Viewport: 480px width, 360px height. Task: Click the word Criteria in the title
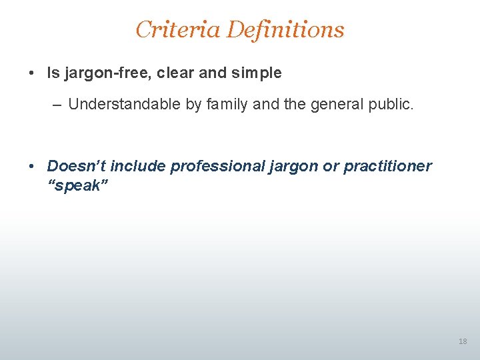click(x=177, y=29)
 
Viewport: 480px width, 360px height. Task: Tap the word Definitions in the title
click(x=285, y=29)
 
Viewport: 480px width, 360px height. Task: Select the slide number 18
click(x=463, y=341)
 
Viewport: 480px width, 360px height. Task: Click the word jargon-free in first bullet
click(x=107, y=73)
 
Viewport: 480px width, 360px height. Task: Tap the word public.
click(x=393, y=104)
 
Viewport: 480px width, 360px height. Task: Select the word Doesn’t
click(x=76, y=166)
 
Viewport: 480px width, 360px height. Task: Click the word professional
click(x=213, y=166)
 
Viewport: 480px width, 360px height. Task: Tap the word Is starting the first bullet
click(x=53, y=73)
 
